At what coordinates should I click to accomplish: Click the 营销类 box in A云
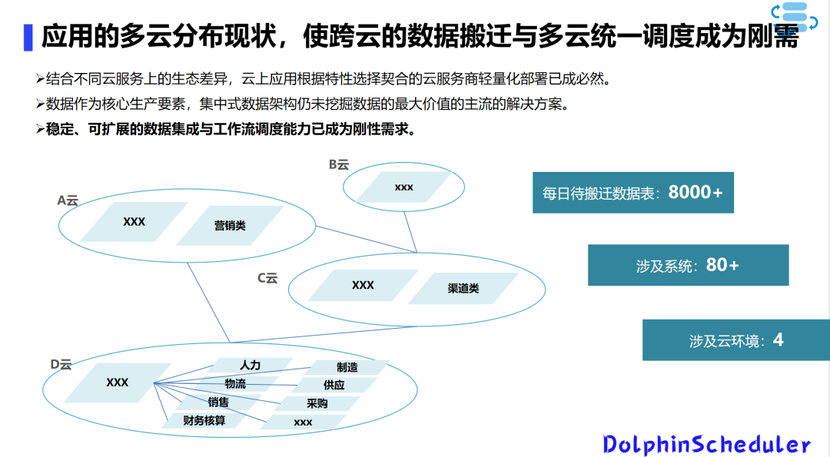click(x=230, y=225)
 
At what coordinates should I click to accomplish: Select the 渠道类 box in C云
click(x=463, y=288)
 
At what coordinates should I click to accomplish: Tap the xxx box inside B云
click(x=403, y=187)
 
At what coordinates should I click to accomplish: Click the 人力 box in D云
click(x=250, y=365)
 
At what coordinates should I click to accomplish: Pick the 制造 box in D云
click(x=347, y=367)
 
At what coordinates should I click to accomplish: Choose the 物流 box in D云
click(x=235, y=383)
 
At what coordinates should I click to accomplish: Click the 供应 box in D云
click(x=334, y=385)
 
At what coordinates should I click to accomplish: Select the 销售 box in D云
click(x=217, y=402)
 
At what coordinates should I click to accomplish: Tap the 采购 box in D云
click(x=317, y=403)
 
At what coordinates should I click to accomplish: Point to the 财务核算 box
click(x=204, y=420)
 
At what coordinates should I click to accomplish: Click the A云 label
click(x=68, y=200)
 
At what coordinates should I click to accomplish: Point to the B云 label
click(x=338, y=164)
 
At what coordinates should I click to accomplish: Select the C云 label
click(x=267, y=278)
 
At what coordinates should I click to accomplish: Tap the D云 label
click(x=61, y=364)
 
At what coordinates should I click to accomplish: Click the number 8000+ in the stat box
click(x=696, y=192)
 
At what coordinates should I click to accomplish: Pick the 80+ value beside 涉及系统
click(x=722, y=265)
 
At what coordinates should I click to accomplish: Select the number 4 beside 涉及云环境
click(x=778, y=339)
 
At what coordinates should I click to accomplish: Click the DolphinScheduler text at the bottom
click(x=706, y=444)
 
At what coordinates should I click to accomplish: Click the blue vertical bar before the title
click(x=28, y=37)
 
